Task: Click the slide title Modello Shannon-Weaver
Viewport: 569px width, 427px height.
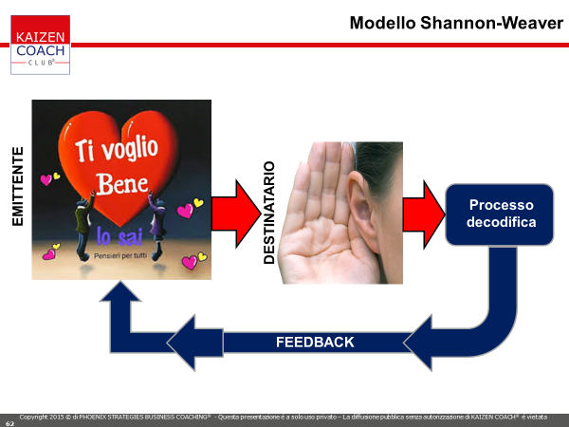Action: tap(456, 23)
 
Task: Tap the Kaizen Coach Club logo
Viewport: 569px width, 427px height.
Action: tap(40, 45)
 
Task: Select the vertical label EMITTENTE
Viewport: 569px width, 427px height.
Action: tap(18, 186)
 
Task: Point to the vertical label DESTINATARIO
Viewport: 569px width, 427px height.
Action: tap(269, 213)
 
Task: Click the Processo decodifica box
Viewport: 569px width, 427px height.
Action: tap(500, 214)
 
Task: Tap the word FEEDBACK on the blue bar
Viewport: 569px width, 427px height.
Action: tap(315, 342)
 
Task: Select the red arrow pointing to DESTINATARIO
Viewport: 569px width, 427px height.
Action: tap(236, 213)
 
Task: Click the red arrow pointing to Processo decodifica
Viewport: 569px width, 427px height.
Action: tap(424, 214)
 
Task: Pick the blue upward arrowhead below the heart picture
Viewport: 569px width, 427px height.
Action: tap(120, 292)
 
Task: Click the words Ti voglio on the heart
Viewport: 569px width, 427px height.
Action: tap(117, 148)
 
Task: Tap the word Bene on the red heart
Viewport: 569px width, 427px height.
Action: tap(122, 184)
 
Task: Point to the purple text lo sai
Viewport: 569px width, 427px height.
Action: tap(119, 236)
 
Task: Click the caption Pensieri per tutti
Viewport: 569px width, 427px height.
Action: tap(120, 255)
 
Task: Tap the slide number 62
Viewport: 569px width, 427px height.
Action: tap(9, 423)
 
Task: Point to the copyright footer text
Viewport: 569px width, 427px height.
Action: tap(283, 418)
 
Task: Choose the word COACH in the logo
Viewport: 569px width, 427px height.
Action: tap(41, 51)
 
